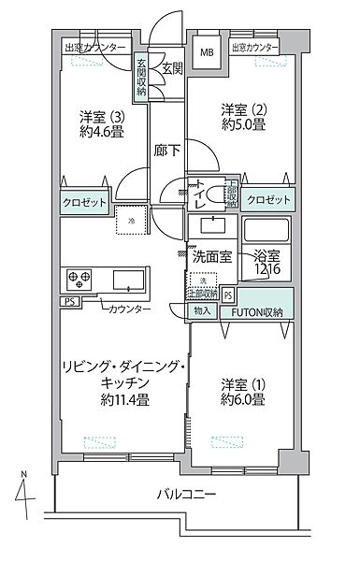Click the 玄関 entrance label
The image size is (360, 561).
(x=172, y=68)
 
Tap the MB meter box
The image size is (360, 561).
(x=204, y=52)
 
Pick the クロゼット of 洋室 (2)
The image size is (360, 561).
(x=267, y=200)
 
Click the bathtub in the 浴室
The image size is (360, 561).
(x=268, y=230)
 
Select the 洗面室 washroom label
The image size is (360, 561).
(x=212, y=255)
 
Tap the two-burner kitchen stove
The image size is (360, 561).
(x=78, y=279)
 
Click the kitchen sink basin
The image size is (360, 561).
(x=128, y=280)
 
